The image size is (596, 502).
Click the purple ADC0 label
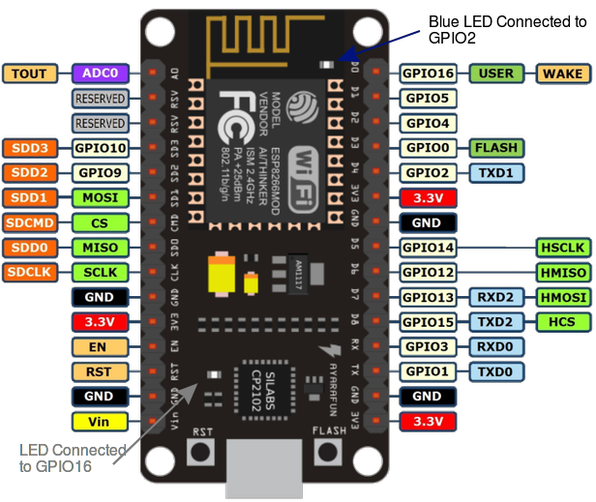99,74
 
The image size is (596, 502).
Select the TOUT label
30,74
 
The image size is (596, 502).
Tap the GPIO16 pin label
428,74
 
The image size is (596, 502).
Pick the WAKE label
562,74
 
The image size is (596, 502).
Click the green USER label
496,74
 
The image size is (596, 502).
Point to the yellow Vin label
99,422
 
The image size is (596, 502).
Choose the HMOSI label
562,297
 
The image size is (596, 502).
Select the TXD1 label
496,173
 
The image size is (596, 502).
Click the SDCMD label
30,222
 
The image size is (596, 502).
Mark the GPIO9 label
99,173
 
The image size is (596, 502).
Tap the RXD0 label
496,346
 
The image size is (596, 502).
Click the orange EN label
99,346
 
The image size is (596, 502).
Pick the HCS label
562,322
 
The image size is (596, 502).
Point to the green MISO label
99,248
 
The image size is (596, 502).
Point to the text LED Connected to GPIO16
73,458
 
